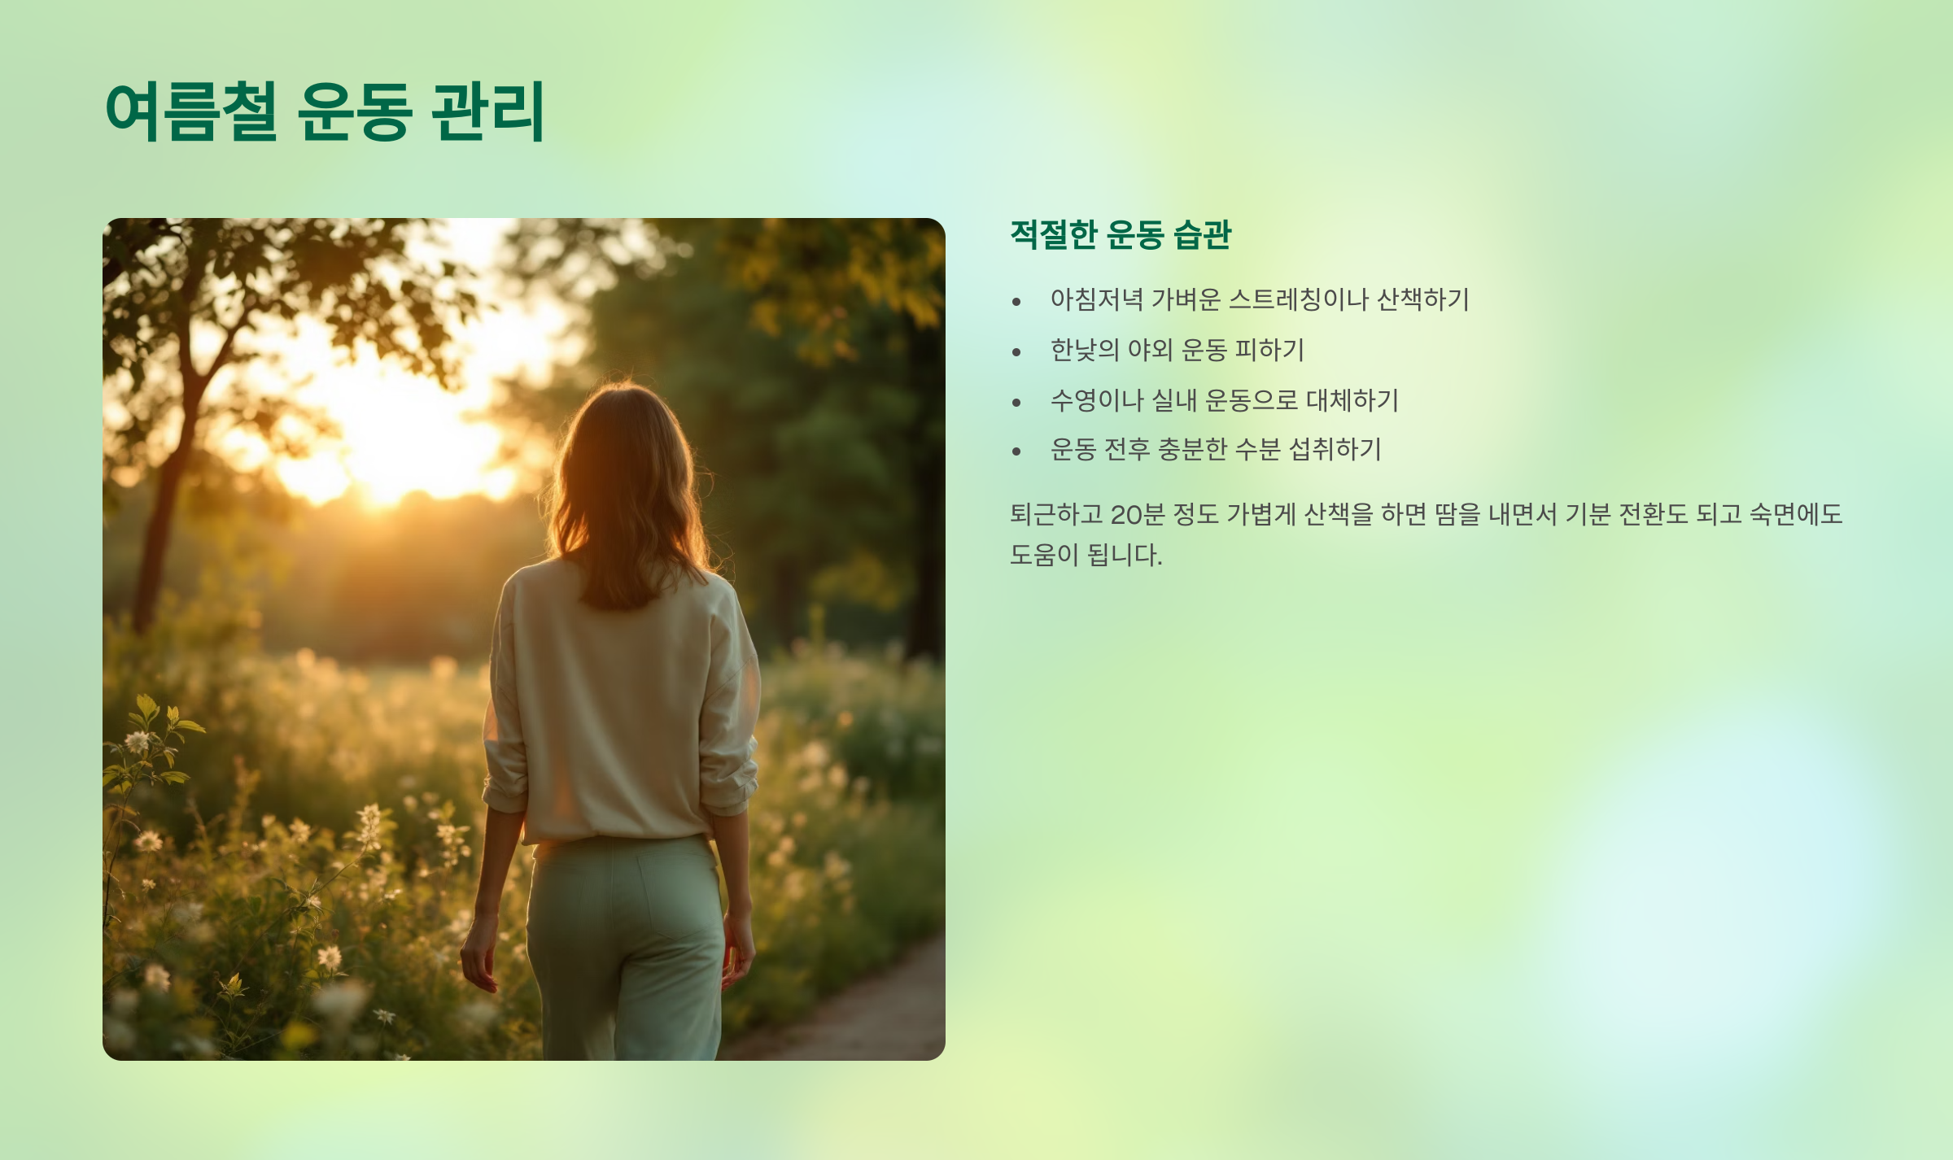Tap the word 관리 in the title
tap(487, 111)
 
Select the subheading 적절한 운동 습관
tap(1121, 235)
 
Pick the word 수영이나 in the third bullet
tap(1096, 400)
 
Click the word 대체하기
tap(1352, 400)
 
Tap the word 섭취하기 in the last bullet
tap(1335, 449)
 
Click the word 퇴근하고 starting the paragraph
tap(1055, 514)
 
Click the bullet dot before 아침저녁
tap(1016, 302)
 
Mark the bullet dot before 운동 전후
tap(1016, 451)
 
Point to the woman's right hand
tap(739, 952)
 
